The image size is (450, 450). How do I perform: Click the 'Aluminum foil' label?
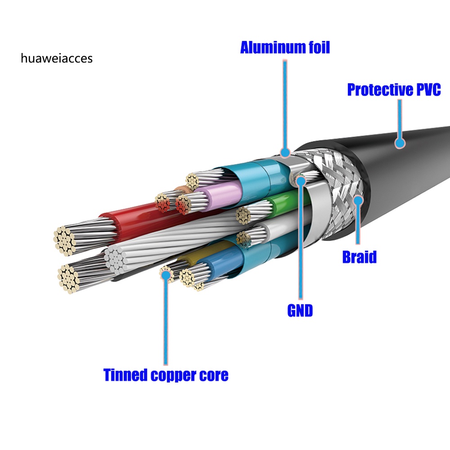[285, 47]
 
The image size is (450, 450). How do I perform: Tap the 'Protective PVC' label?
[394, 89]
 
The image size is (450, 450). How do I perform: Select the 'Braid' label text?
[359, 257]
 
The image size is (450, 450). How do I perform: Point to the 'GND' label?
[300, 310]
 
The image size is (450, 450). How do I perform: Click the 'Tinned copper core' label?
[166, 374]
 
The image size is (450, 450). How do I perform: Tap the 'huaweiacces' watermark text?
[57, 58]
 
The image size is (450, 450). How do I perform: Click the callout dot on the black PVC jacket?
[400, 143]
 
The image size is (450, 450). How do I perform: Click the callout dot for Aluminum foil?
[284, 153]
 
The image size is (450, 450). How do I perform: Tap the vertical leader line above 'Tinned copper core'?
[165, 324]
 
